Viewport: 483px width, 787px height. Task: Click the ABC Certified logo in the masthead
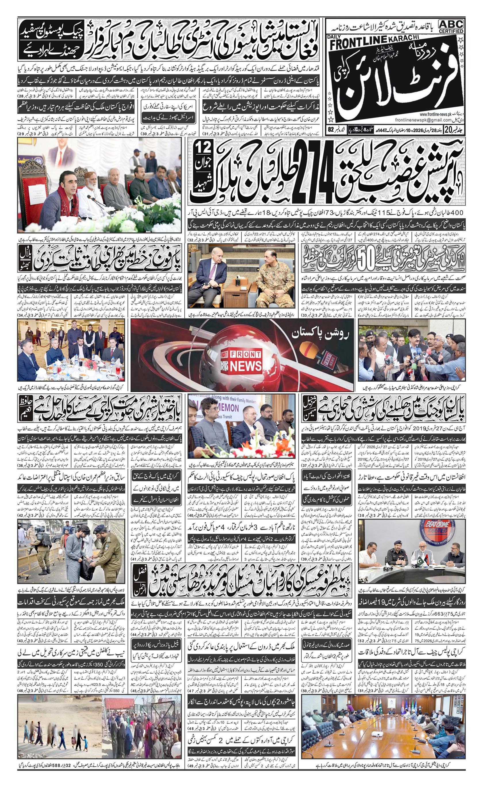pyautogui.click(x=451, y=26)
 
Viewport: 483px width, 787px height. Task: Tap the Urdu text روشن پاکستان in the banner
pyautogui.click(x=320, y=334)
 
